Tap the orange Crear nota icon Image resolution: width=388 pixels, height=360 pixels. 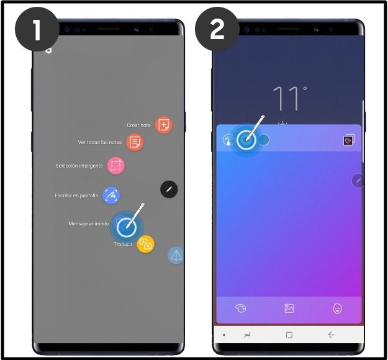point(164,125)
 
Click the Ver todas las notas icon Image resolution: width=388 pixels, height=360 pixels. point(135,142)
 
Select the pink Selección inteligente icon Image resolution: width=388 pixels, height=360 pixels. point(115,166)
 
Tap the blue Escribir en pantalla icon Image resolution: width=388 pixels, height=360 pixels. point(111,196)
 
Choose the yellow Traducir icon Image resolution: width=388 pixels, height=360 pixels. point(145,244)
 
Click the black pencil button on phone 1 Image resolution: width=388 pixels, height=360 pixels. point(169,189)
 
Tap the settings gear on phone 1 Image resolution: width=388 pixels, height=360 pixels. point(48,51)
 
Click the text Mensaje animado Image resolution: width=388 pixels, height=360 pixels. point(89,223)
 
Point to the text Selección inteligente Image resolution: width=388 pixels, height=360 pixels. point(79,166)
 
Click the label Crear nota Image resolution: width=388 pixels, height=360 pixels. point(138,125)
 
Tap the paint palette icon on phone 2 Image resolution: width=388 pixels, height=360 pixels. point(240,308)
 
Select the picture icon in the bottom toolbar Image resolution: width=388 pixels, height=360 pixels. point(289,308)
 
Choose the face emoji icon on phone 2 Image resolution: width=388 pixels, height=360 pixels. point(338,308)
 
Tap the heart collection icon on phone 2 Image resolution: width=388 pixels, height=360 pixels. point(349,140)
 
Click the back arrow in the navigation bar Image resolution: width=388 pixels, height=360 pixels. point(331,335)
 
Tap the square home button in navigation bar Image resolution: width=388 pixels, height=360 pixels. point(289,335)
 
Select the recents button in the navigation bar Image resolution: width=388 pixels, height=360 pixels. point(247,335)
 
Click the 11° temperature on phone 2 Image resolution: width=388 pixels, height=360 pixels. point(289,99)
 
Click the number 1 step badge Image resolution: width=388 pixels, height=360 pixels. point(37,29)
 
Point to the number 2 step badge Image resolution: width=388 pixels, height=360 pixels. point(217,29)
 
